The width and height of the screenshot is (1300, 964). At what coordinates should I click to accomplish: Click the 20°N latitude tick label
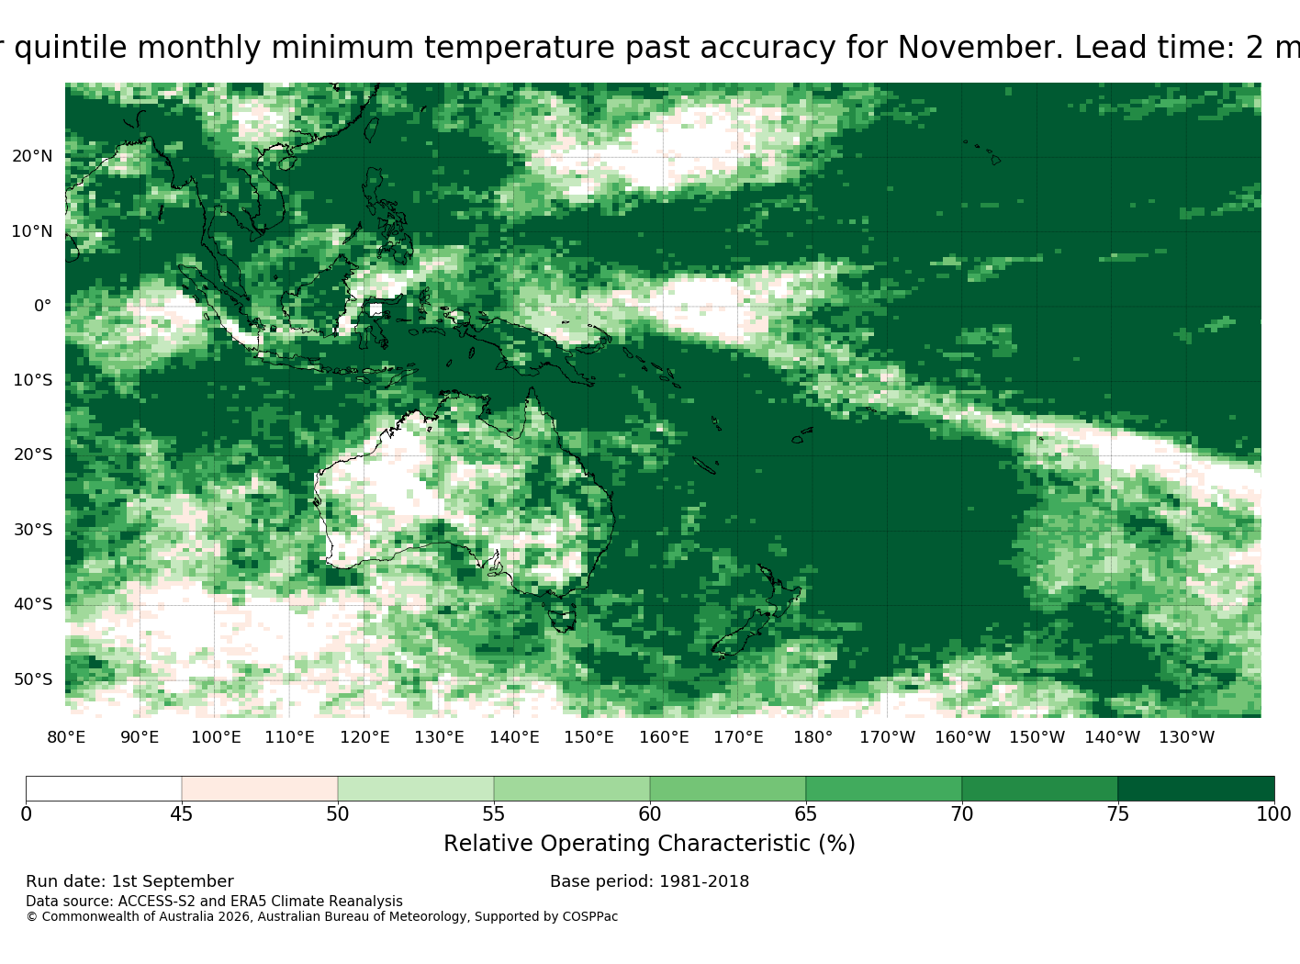tap(32, 156)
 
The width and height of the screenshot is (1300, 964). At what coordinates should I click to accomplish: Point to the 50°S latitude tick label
tap(33, 679)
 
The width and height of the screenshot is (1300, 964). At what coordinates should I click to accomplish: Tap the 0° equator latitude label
tap(42, 306)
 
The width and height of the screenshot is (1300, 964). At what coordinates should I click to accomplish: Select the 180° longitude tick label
tap(812, 737)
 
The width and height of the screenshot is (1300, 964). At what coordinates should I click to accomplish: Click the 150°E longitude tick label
tap(588, 737)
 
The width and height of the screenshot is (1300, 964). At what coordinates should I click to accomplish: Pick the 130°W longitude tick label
tap(1187, 737)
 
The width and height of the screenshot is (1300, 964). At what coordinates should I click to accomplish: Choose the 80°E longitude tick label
tap(66, 737)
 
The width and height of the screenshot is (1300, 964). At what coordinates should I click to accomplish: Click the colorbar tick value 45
tap(181, 813)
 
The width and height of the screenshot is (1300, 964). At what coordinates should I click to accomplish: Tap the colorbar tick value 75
tap(1117, 813)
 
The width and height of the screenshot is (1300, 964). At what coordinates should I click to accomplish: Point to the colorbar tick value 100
tap(1273, 813)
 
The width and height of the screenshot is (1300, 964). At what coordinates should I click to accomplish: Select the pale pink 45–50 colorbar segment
tap(260, 789)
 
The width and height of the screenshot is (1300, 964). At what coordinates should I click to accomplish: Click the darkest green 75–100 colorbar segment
tap(1195, 789)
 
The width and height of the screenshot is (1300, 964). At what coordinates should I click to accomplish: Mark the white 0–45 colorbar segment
tap(104, 789)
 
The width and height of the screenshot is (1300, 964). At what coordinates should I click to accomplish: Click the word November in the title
tap(980, 48)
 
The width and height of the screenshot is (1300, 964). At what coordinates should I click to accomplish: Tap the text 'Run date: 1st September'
tap(129, 881)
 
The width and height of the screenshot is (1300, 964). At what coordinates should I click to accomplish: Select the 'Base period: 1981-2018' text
tap(649, 881)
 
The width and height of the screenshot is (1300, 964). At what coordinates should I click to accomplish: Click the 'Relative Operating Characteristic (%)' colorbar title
tap(649, 843)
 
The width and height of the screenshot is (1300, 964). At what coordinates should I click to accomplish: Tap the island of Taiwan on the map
tap(372, 129)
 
